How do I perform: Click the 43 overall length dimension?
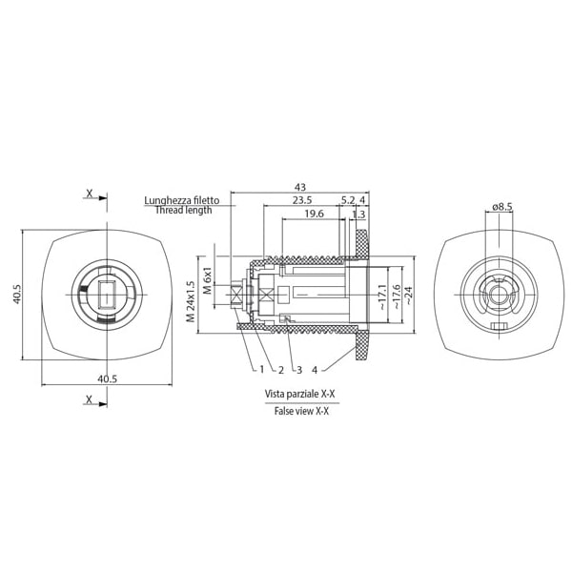[x=299, y=187]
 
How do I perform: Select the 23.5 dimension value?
[x=302, y=200]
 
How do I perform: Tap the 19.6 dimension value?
[x=313, y=214]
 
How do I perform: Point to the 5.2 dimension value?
[x=347, y=200]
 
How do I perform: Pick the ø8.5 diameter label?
[x=503, y=206]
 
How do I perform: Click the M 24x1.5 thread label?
[x=191, y=301]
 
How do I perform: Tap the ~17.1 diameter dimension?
[x=381, y=296]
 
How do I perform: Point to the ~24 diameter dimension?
[x=407, y=296]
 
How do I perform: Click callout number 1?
[x=261, y=369]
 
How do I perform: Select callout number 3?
[x=298, y=369]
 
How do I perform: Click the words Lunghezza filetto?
[x=182, y=200]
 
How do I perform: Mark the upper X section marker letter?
[x=90, y=194]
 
